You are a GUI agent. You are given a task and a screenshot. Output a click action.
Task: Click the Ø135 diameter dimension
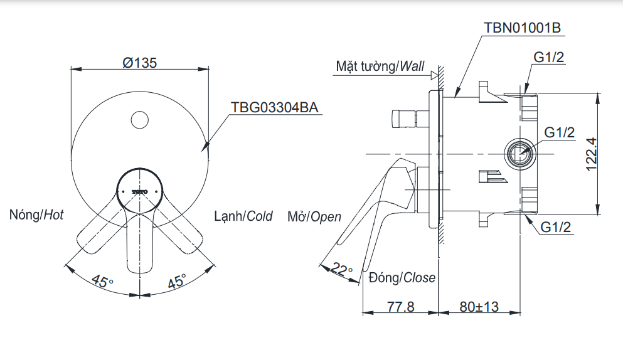(x=139, y=63)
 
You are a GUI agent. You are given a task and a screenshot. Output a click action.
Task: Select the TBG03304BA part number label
(x=275, y=107)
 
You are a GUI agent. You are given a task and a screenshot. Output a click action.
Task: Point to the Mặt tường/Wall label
(x=380, y=66)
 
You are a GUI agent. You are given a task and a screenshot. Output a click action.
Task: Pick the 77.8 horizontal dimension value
(x=400, y=307)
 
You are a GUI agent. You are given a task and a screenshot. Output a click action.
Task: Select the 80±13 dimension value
(x=479, y=307)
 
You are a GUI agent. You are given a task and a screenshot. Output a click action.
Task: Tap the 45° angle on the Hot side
(x=102, y=280)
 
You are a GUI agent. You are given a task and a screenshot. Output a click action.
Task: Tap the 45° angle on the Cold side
(x=176, y=281)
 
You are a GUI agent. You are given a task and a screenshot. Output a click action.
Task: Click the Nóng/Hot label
(x=36, y=215)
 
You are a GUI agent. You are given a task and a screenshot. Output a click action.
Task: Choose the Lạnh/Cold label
(x=243, y=216)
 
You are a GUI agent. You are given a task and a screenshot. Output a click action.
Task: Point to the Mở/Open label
(x=314, y=217)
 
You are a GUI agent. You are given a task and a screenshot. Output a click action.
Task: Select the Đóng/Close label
(x=402, y=277)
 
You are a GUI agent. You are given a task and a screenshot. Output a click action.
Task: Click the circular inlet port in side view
(x=519, y=153)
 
